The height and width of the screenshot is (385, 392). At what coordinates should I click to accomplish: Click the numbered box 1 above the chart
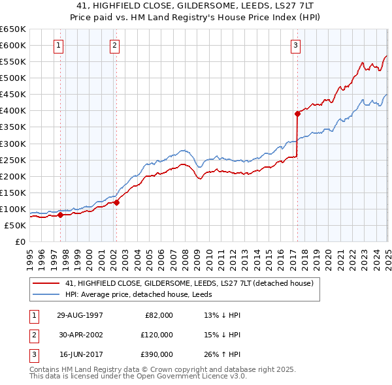59,45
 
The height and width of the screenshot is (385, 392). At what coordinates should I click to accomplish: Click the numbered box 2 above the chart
114,45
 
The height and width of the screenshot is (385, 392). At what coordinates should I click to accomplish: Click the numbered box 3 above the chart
296,45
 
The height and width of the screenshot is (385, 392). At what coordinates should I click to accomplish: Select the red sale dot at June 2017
297,114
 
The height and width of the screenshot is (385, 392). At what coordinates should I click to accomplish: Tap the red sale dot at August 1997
60,215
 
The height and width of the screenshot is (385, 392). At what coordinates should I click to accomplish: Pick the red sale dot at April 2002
117,202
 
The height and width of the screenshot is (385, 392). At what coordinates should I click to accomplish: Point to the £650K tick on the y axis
13,29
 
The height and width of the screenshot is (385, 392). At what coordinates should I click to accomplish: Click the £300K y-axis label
13,144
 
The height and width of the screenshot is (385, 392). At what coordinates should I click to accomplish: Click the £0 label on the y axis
19,241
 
